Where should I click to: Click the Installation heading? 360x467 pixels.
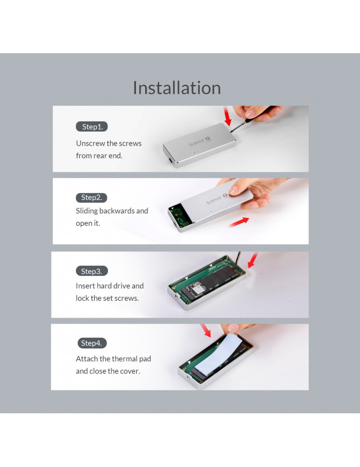tap(176, 88)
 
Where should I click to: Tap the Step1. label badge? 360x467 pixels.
tap(92, 127)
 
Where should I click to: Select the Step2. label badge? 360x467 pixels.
tap(92, 198)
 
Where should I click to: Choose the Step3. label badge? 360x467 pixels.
tap(92, 271)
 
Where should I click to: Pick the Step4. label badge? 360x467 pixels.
tap(92, 343)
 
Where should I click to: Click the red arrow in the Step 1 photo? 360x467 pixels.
tap(227, 116)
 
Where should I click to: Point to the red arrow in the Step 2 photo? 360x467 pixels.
tap(239, 222)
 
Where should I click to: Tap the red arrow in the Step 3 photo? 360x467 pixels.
tap(253, 260)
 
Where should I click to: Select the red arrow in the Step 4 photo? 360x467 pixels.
tap(205, 331)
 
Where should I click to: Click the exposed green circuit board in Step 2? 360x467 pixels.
tap(180, 215)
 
